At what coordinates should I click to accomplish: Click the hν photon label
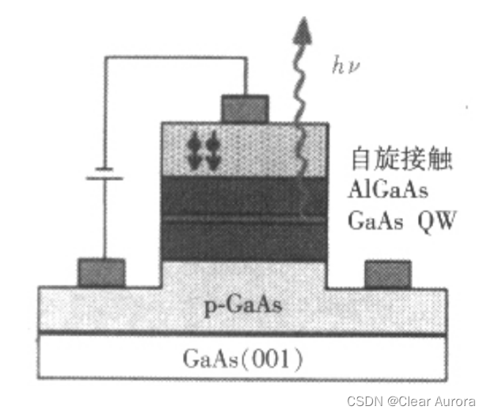click(343, 64)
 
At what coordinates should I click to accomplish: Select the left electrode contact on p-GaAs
click(101, 272)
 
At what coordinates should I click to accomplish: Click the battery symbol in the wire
click(103, 173)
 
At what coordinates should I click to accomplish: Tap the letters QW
click(435, 220)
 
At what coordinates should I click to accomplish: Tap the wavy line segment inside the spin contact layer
click(300, 151)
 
